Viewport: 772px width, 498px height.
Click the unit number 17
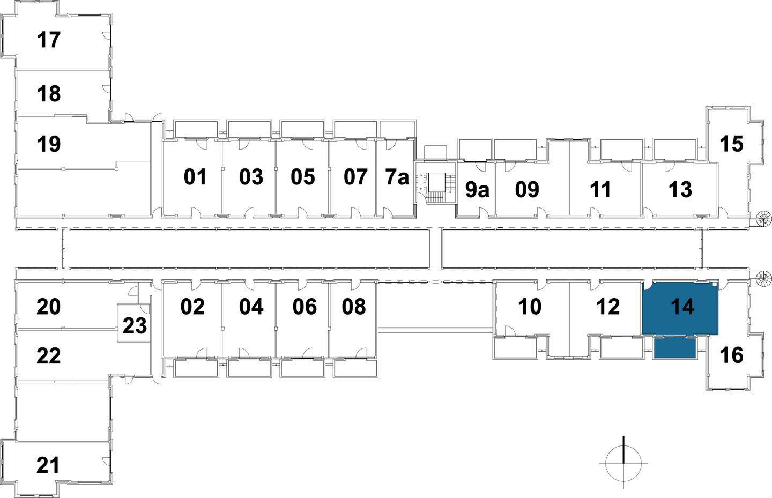[49, 40]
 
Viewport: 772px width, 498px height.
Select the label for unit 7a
[397, 177]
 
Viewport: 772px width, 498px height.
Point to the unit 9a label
[477, 189]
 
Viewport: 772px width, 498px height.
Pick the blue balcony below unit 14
[674, 348]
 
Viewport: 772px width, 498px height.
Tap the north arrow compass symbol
[623, 462]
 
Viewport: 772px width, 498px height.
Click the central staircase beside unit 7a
[435, 188]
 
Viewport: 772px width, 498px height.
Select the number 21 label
[48, 465]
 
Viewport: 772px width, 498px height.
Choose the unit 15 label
[731, 144]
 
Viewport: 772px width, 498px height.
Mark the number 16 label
[732, 355]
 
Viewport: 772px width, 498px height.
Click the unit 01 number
[195, 177]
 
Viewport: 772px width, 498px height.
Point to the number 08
[354, 307]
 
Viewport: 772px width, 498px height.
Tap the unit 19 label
[49, 144]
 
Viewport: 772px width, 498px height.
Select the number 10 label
[530, 307]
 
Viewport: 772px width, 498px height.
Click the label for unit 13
[680, 189]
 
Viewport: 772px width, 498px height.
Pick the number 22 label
[48, 356]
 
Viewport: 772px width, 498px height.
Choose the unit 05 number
[303, 177]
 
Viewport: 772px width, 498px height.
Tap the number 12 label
[608, 307]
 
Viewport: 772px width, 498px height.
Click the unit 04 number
[251, 307]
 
